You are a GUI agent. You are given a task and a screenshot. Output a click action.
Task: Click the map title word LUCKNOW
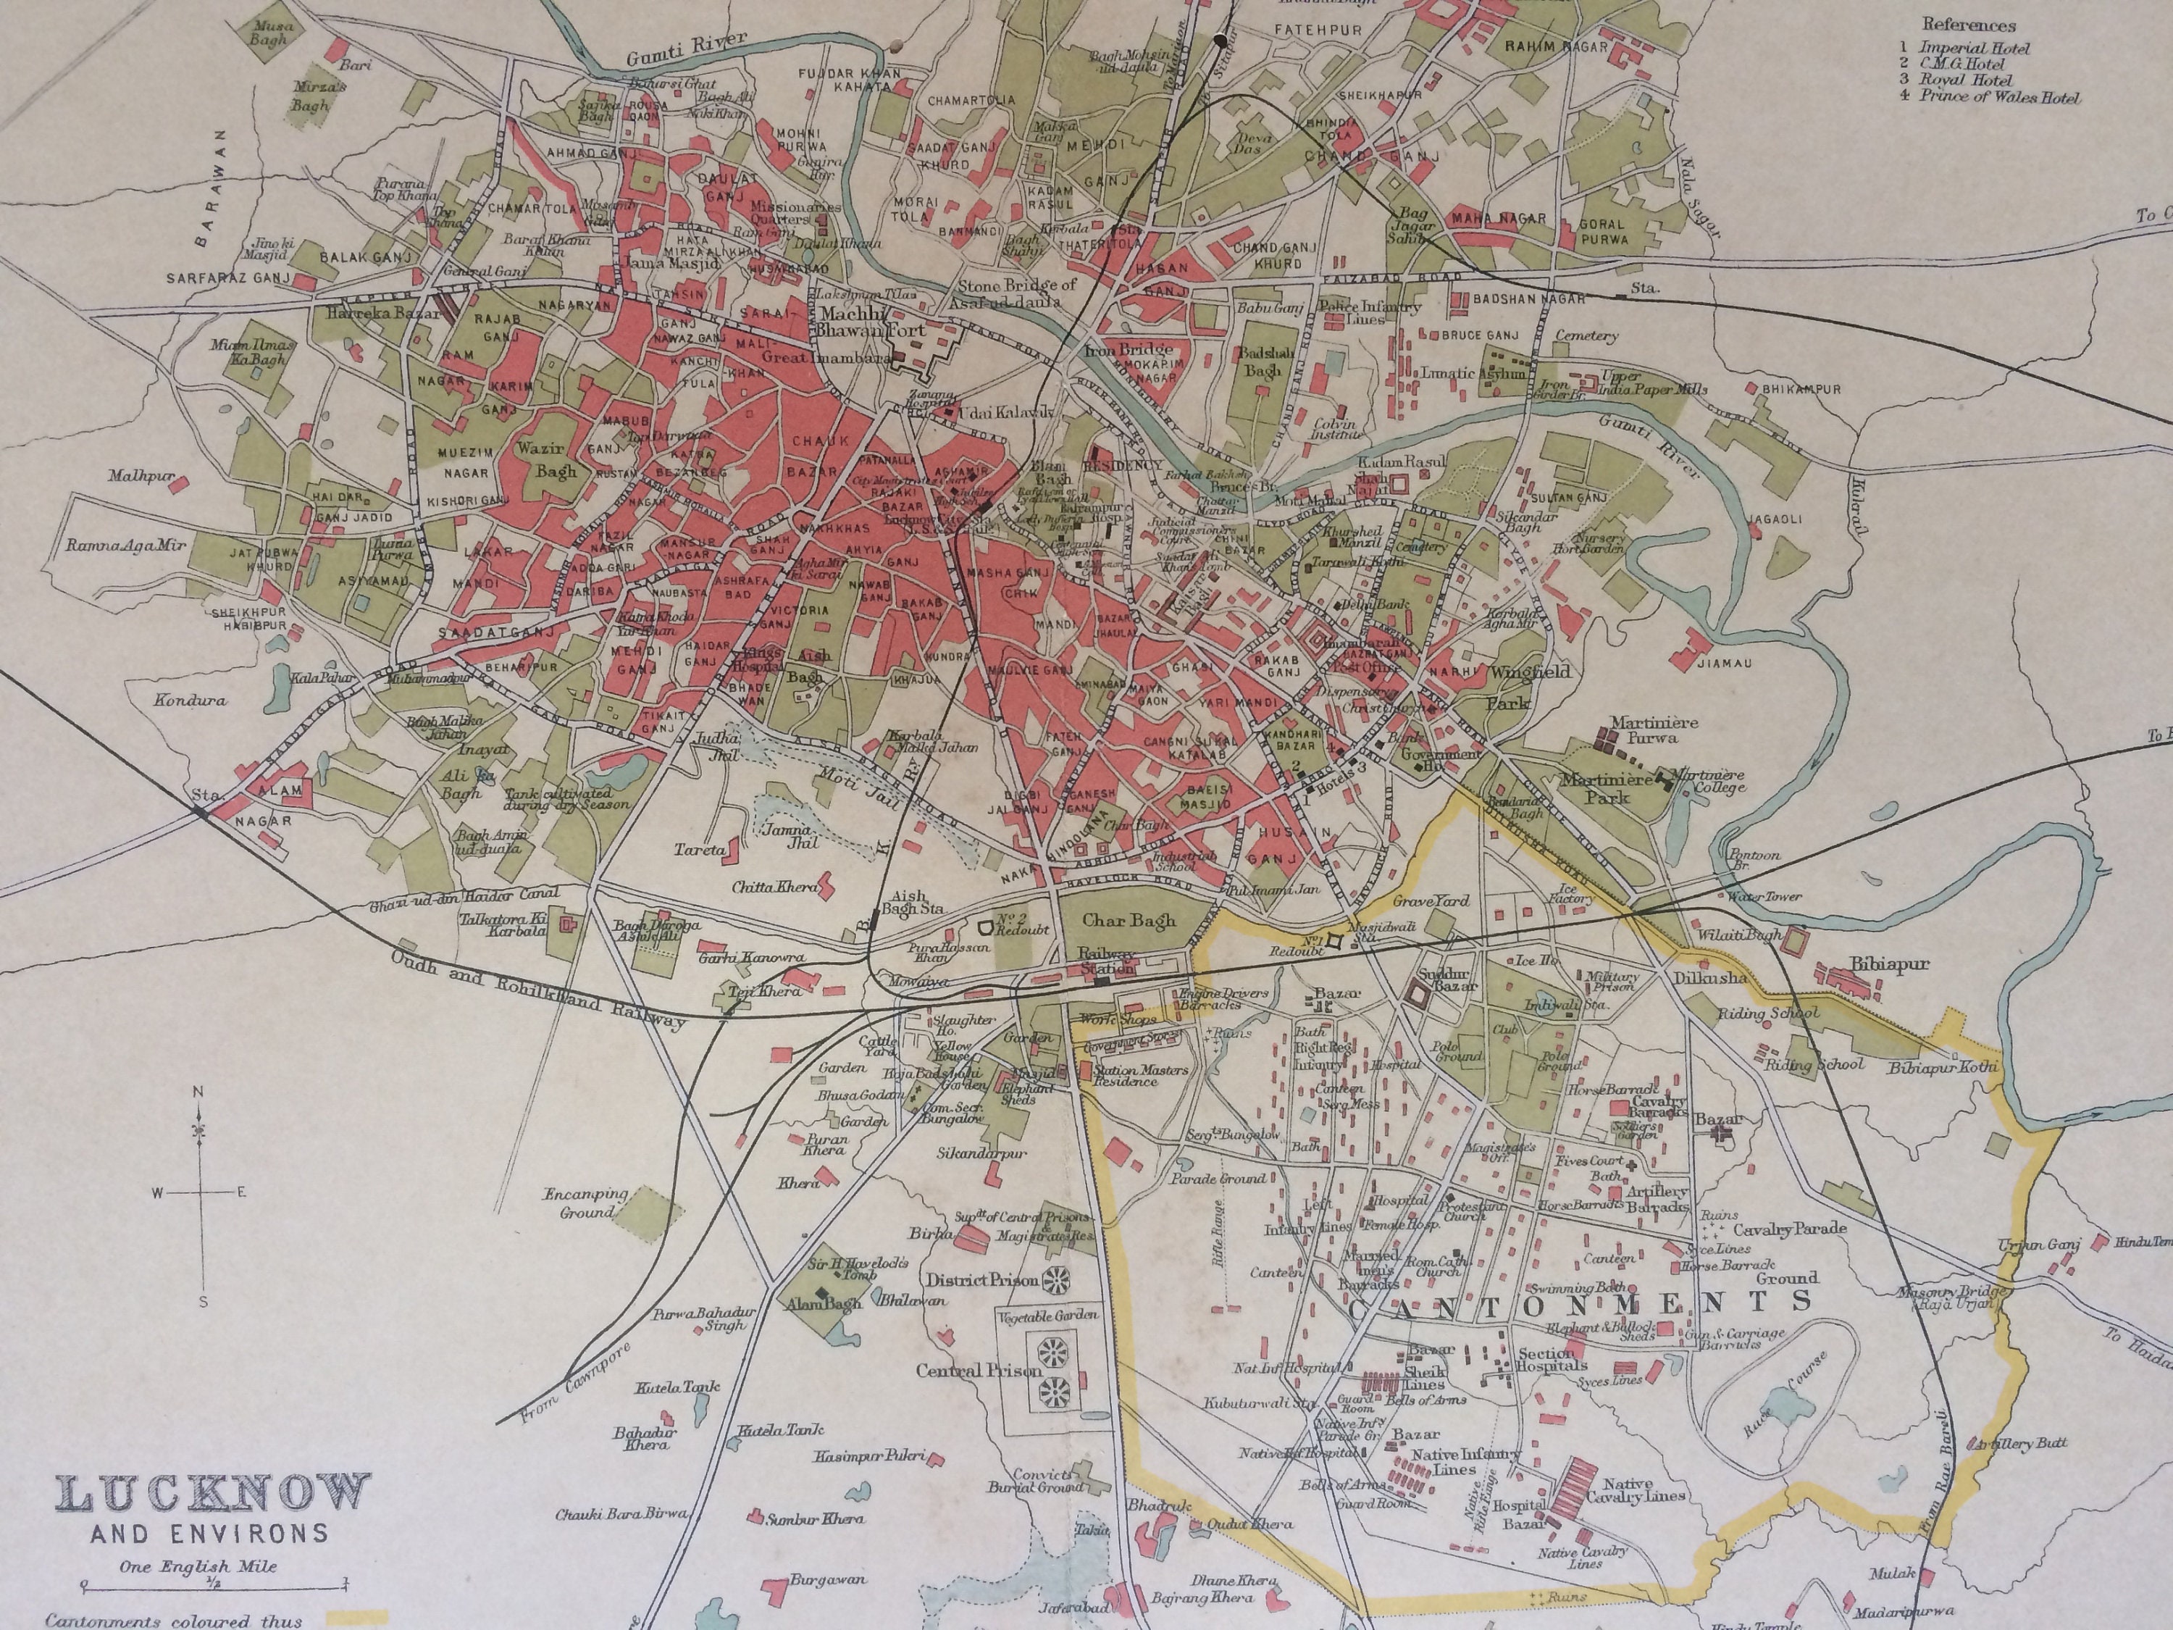[213, 1495]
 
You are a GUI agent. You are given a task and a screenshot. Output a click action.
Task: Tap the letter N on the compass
[198, 1092]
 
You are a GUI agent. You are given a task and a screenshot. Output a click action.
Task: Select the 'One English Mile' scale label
[198, 1567]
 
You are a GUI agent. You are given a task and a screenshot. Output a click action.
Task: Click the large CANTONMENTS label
[1578, 1305]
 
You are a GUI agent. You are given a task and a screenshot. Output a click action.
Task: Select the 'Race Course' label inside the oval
[1783, 1395]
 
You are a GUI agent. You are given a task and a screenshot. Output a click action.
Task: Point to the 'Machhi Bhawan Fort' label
[872, 322]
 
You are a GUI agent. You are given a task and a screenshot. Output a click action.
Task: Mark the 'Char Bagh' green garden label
[1129, 921]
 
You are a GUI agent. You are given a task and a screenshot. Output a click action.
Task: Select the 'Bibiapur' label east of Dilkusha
[1889, 964]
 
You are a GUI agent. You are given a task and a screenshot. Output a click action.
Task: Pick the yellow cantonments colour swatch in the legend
[358, 1616]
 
